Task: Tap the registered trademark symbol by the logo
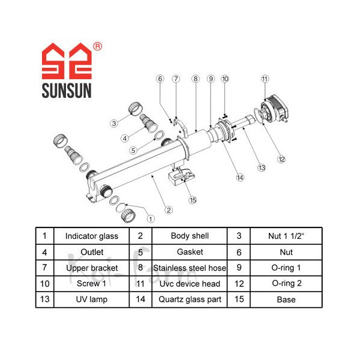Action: click(x=98, y=46)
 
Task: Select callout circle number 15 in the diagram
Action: click(x=192, y=200)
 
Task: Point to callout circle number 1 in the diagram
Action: click(x=151, y=218)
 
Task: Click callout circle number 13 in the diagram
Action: click(x=262, y=167)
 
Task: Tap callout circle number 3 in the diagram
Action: click(x=113, y=124)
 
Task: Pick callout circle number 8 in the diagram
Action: click(x=195, y=79)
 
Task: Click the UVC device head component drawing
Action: click(x=275, y=109)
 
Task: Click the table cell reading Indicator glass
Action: click(x=92, y=236)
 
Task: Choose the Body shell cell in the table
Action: click(x=190, y=236)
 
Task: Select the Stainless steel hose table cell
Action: click(x=190, y=268)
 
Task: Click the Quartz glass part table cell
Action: click(x=190, y=299)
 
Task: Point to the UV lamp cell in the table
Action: click(x=92, y=299)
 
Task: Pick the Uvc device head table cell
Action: click(x=190, y=283)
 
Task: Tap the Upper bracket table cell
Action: click(x=92, y=268)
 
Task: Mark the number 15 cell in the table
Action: click(x=240, y=299)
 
